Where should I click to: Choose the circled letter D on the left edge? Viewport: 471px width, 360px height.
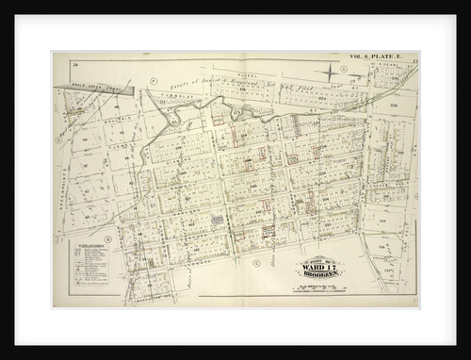click(x=58, y=142)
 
